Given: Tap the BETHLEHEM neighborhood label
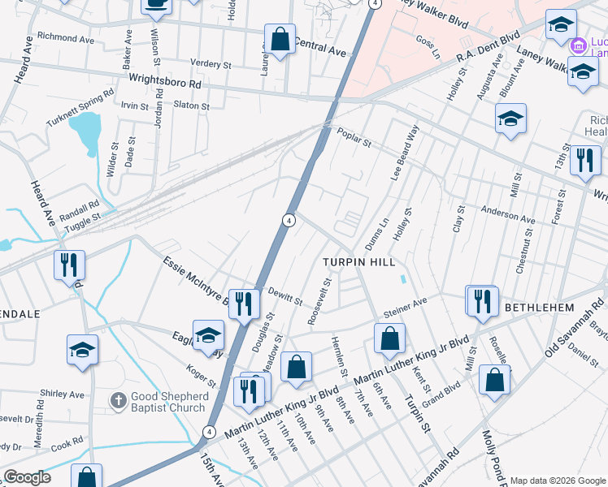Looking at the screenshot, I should pos(539,308).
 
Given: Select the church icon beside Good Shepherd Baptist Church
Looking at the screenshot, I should pos(119,401).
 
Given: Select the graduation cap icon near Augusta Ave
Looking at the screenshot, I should pos(510,119).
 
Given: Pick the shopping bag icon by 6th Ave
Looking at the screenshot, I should pos(390,338).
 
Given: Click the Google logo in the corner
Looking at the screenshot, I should pos(27,476).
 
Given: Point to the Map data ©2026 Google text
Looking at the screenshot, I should pos(558,480).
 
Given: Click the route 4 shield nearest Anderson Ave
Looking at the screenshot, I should pos(289,220).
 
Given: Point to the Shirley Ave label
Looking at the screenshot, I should pos(63,394).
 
